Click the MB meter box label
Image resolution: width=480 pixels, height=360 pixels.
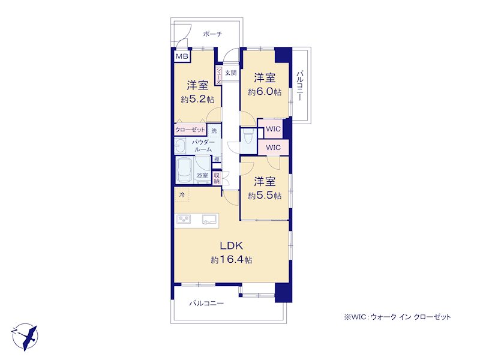click(x=182, y=56)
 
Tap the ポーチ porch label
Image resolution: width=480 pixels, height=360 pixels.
click(x=212, y=34)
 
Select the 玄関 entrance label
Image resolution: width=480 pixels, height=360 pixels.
click(x=231, y=73)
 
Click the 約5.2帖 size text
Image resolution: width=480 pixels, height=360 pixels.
click(x=197, y=99)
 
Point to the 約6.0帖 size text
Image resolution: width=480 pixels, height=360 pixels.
click(x=265, y=92)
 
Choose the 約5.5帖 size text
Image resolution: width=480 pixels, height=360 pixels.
click(x=265, y=196)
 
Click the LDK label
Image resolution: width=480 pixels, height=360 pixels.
click(x=232, y=245)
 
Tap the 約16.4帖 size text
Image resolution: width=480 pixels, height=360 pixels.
click(x=232, y=260)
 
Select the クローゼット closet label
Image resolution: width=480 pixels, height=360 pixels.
click(x=190, y=130)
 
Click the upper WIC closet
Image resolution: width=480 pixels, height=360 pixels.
click(x=274, y=129)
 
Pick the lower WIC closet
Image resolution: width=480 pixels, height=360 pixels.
click(x=274, y=148)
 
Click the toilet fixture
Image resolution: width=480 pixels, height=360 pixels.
click(x=248, y=136)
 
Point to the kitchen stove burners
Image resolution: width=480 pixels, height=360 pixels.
click(x=184, y=219)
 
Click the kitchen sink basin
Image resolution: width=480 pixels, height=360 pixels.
click(x=209, y=219)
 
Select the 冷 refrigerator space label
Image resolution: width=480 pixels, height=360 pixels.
click(x=182, y=194)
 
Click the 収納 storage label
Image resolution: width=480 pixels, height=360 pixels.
click(x=217, y=178)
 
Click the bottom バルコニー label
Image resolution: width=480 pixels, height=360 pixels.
click(x=206, y=304)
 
